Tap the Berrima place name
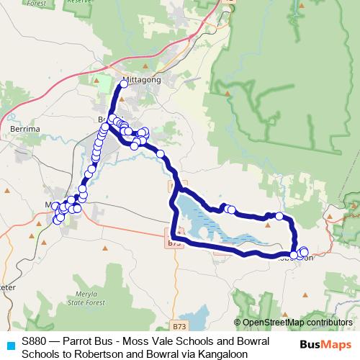25,128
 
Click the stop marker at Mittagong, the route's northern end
123,84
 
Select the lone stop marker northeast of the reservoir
279,216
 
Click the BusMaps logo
326,344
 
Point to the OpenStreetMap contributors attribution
293,323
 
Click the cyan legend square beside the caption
9,345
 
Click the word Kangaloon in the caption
223,354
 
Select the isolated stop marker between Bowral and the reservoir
161,154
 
